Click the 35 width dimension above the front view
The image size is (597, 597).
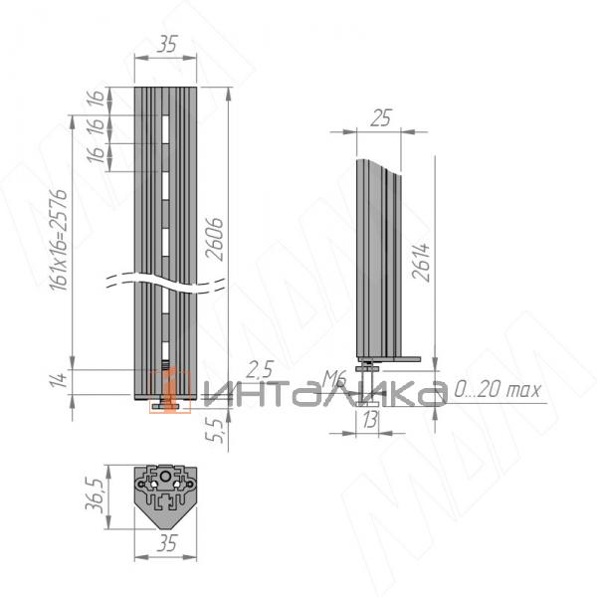167,43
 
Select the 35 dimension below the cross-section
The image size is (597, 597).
167,543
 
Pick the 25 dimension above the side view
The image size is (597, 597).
379,118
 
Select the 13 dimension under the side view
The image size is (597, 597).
370,422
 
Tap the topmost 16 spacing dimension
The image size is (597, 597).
96,99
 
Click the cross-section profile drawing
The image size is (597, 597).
167,489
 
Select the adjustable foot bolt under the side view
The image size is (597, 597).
370,377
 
